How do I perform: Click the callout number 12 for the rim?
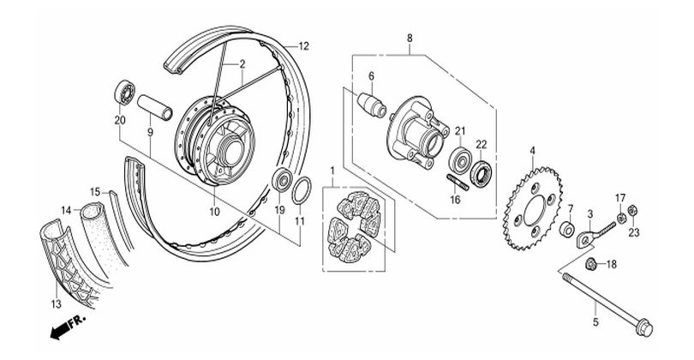(303, 46)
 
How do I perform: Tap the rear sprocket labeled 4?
(533, 208)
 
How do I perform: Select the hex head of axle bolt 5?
(643, 328)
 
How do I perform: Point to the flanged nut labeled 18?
(589, 264)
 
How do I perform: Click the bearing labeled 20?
(125, 92)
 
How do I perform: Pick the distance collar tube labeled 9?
(154, 107)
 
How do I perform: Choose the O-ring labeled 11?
(302, 190)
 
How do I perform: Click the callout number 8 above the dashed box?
(410, 38)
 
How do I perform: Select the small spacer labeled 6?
(372, 105)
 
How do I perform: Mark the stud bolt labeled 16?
(457, 182)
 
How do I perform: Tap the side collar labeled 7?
(567, 230)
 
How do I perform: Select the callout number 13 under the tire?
(57, 304)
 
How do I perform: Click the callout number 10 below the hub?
(215, 212)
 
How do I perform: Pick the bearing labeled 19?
(282, 179)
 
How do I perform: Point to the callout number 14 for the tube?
(66, 210)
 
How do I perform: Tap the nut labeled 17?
(621, 218)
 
